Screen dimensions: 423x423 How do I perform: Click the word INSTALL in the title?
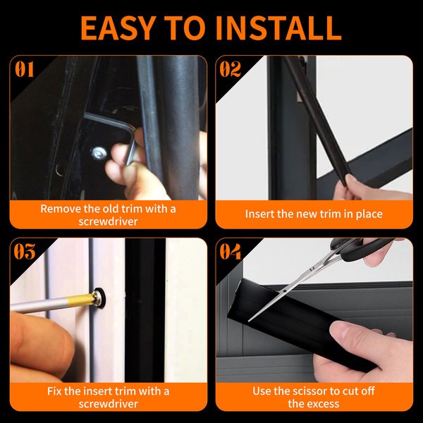click(x=278, y=27)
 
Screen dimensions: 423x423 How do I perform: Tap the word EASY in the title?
click(x=118, y=27)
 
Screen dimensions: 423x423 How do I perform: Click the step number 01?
click(x=25, y=69)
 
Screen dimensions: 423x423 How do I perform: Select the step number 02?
click(x=230, y=69)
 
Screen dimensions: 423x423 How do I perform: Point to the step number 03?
click(x=25, y=252)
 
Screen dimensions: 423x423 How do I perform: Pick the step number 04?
click(x=230, y=252)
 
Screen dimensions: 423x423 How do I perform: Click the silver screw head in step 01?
click(x=99, y=153)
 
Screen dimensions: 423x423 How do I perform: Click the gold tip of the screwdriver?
click(x=81, y=300)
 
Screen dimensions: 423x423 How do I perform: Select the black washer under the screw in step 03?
click(x=99, y=298)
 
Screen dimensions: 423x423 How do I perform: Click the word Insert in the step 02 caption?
click(x=259, y=214)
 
